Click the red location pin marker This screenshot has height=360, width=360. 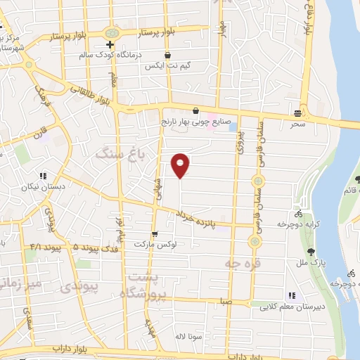click(x=181, y=165)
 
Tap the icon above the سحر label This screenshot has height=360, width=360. click(x=299, y=112)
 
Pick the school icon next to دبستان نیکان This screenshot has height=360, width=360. click(x=43, y=176)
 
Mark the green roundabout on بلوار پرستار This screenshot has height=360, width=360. click(x=111, y=33)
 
